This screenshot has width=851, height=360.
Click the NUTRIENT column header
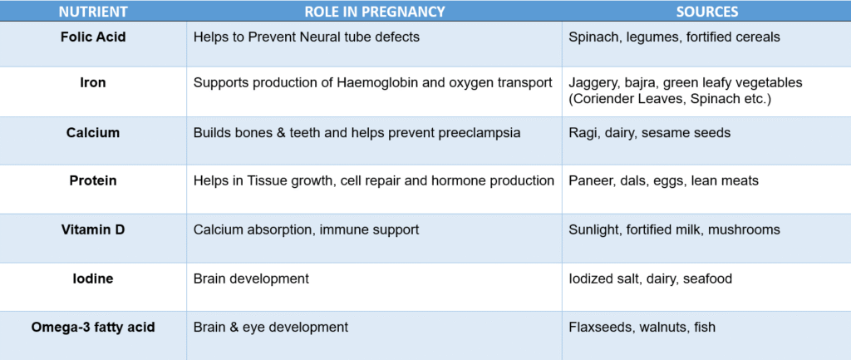point(93,12)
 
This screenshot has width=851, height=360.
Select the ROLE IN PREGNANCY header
point(374,12)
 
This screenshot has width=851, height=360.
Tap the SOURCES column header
point(706,12)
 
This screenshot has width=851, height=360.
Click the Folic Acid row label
point(93,37)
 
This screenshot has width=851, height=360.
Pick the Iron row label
point(93,83)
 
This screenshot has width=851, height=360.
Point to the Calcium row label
point(93,133)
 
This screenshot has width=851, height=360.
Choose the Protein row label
point(93,181)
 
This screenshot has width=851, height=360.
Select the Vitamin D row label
point(93,229)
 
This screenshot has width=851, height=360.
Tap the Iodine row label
point(93,279)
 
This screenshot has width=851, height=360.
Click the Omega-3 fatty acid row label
point(93,328)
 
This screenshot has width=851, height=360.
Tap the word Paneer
point(591,181)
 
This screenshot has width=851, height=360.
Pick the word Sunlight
point(594,229)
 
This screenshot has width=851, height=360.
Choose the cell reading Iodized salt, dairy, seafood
point(651,279)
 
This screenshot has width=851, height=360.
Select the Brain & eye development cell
point(271,328)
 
